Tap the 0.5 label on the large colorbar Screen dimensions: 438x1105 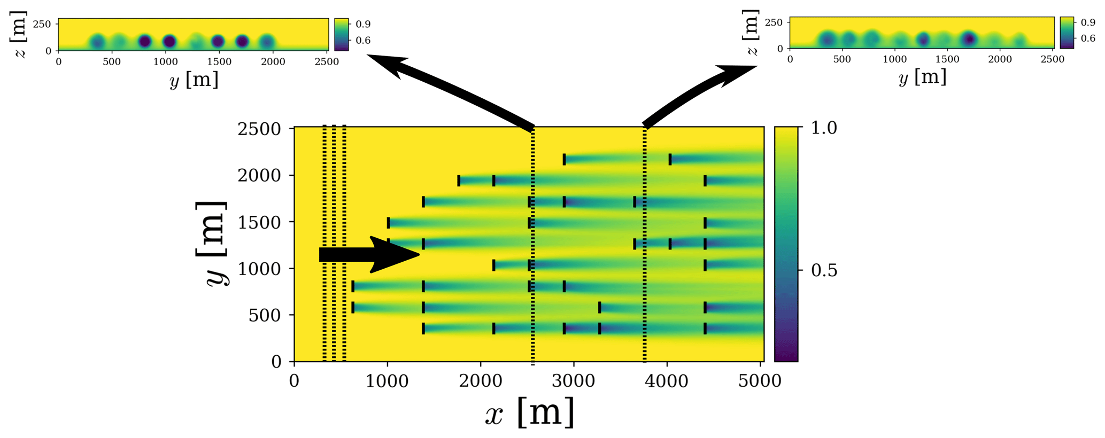[x=824, y=271]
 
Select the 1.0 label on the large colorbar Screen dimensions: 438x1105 [x=824, y=128]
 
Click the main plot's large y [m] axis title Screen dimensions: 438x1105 [x=212, y=244]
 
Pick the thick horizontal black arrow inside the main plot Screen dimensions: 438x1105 [x=369, y=255]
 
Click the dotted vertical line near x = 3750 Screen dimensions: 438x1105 [x=644, y=246]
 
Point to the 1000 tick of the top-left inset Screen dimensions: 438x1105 [x=166, y=62]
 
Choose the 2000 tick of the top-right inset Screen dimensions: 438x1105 [x=1000, y=60]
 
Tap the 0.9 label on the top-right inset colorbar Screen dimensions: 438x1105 [x=1088, y=22]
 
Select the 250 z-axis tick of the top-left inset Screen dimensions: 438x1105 [x=42, y=24]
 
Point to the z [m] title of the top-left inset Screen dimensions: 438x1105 [x=20, y=34]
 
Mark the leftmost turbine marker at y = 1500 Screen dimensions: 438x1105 [x=389, y=223]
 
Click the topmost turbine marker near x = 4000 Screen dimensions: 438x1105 [x=670, y=159]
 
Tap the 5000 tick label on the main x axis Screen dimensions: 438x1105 [x=761, y=381]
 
